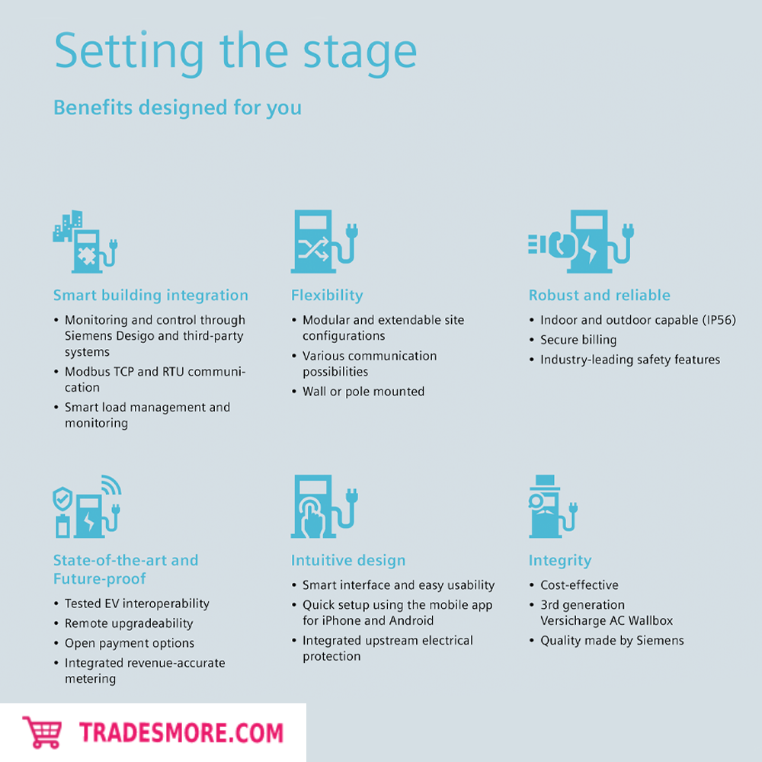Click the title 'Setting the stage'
pyautogui.click(x=235, y=53)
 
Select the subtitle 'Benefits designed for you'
pyautogui.click(x=178, y=107)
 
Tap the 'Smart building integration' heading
pyautogui.click(x=151, y=296)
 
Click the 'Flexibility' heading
pyautogui.click(x=327, y=296)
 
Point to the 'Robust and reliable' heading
pyautogui.click(x=599, y=295)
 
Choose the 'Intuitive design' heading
pyautogui.click(x=348, y=560)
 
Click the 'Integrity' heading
pyautogui.click(x=560, y=561)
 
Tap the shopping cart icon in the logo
pyautogui.click(x=42, y=732)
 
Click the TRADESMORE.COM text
pyautogui.click(x=181, y=733)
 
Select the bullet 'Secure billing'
pyautogui.click(x=578, y=340)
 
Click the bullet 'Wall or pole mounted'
pyautogui.click(x=363, y=391)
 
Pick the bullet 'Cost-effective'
pyautogui.click(x=579, y=584)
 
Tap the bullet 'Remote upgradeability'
pyautogui.click(x=129, y=623)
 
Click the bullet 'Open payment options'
pyautogui.click(x=130, y=643)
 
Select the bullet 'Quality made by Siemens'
pyautogui.click(x=612, y=641)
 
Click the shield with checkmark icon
pyautogui.click(x=62, y=498)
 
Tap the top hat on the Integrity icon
pyautogui.click(x=545, y=482)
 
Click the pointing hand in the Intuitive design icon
pyautogui.click(x=312, y=518)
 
